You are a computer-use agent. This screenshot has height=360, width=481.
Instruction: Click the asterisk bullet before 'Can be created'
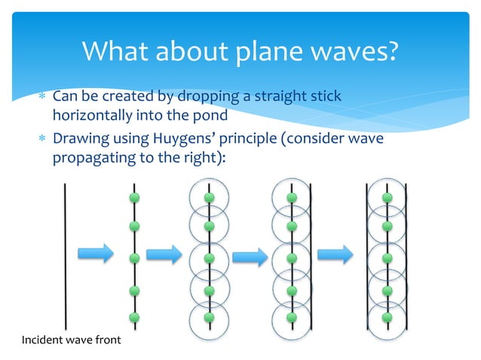43,99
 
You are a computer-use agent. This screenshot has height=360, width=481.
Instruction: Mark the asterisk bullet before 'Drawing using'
43,142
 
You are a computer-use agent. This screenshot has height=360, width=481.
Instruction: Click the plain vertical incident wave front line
66,256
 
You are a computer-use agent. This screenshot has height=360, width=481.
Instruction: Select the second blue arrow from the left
164,254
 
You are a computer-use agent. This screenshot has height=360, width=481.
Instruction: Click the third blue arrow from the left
250,256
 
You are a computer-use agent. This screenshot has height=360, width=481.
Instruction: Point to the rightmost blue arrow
335,255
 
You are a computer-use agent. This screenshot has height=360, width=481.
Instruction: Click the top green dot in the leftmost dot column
135,197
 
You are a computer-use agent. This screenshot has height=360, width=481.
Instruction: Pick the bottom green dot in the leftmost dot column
135,317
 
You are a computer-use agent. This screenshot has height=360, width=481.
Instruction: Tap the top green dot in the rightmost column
388,197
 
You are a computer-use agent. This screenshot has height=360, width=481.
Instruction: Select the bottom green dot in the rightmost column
388,317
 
